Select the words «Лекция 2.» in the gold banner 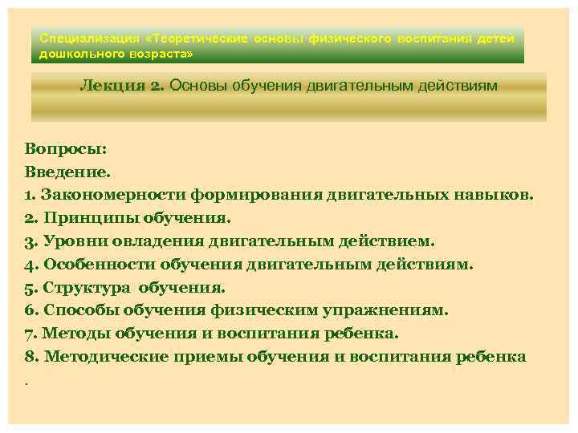pyautogui.click(x=123, y=86)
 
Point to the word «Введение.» pyautogui.click(x=70, y=172)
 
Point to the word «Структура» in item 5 pyautogui.click(x=88, y=287)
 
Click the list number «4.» pyautogui.click(x=31, y=265)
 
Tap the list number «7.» pyautogui.click(x=31, y=334)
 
